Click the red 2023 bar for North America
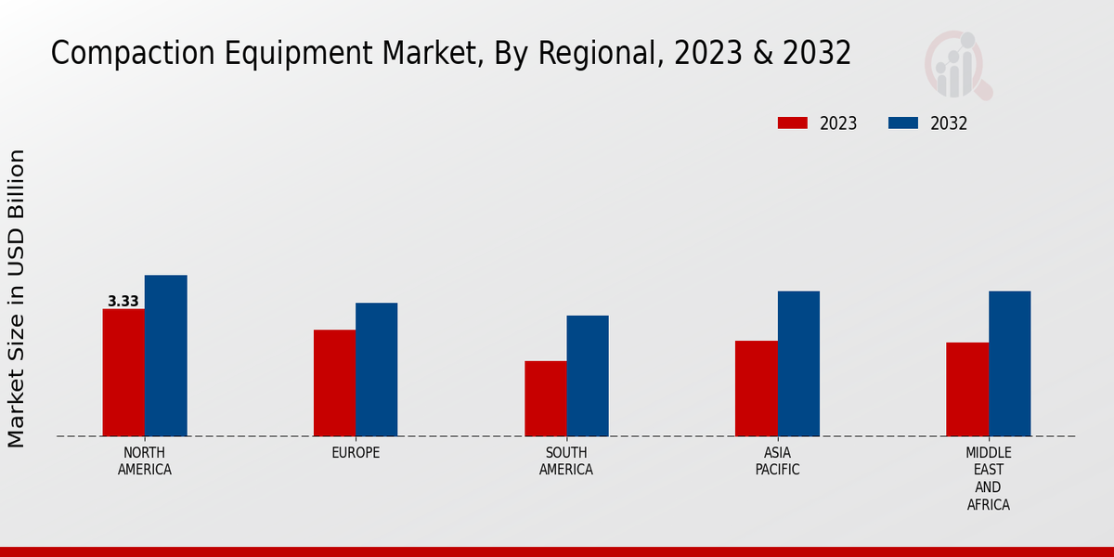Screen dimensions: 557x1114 pyautogui.click(x=123, y=372)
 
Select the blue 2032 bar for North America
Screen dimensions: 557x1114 pyautogui.click(x=165, y=356)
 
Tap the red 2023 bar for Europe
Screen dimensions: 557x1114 pyautogui.click(x=334, y=382)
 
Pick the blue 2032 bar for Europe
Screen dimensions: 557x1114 pyautogui.click(x=376, y=369)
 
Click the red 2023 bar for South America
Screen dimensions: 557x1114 pyautogui.click(x=545, y=398)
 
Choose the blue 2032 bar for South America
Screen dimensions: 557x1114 pyautogui.click(x=588, y=376)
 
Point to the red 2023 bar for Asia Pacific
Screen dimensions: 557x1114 pyautogui.click(x=757, y=388)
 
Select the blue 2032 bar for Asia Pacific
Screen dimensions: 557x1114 pyautogui.click(x=798, y=364)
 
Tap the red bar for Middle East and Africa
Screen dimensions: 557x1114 pyautogui.click(x=967, y=389)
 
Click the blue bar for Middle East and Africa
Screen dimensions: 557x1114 pyautogui.click(x=1009, y=364)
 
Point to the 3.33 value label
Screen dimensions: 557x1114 pyautogui.click(x=123, y=302)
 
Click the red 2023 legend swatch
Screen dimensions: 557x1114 pyautogui.click(x=793, y=123)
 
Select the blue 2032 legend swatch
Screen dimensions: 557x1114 pyautogui.click(x=903, y=123)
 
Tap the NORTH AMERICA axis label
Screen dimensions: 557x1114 pyautogui.click(x=145, y=461)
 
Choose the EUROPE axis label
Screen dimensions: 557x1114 pyautogui.click(x=356, y=453)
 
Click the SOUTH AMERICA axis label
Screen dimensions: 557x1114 pyautogui.click(x=566, y=461)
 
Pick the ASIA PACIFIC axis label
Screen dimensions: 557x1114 pyautogui.click(x=777, y=461)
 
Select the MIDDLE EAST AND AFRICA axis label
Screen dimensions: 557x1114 pyautogui.click(x=988, y=479)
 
